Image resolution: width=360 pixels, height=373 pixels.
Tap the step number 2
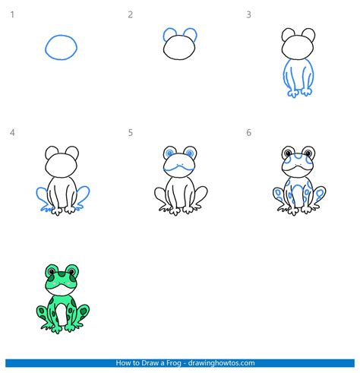[x=131, y=14]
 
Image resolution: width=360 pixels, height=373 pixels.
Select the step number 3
[x=248, y=14]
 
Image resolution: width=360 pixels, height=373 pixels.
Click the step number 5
[x=131, y=133]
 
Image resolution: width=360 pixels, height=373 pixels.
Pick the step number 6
[x=248, y=133]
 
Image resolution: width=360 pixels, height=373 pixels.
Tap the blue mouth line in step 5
[x=180, y=163]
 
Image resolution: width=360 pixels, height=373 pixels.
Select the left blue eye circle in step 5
[x=169, y=154]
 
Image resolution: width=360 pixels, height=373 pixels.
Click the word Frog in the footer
[x=169, y=362]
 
